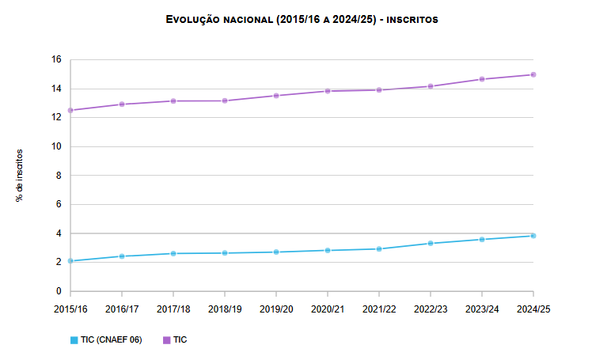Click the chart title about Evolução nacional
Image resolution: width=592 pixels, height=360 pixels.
tap(302, 19)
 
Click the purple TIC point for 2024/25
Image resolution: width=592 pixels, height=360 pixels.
tap(533, 74)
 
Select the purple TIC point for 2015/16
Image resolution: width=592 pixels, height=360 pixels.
tap(70, 110)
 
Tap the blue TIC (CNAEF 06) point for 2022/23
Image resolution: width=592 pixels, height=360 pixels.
tap(431, 243)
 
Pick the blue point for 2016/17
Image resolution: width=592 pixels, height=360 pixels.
tap(122, 256)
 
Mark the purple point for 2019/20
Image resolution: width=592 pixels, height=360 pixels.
tap(276, 96)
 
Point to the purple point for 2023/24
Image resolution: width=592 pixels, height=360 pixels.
tap(482, 79)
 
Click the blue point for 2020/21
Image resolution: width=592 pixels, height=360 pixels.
tap(328, 250)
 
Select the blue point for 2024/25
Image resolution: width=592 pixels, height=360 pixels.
tap(533, 236)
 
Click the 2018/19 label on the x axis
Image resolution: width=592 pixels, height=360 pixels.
tap(225, 309)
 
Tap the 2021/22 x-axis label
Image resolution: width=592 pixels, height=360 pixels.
tap(379, 309)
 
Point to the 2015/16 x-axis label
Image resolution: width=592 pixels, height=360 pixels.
tap(70, 309)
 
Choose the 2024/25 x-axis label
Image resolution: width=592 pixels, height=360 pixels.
tap(533, 309)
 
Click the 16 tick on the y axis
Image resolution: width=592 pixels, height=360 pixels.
tap(55, 59)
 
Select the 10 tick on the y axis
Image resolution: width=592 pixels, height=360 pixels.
tap(55, 146)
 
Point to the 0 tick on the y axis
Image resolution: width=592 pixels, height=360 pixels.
tap(58, 291)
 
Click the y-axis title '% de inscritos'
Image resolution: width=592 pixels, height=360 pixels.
tap(20, 176)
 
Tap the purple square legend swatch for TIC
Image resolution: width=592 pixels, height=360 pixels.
tap(166, 340)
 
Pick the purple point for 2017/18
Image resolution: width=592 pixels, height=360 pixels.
tap(173, 100)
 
